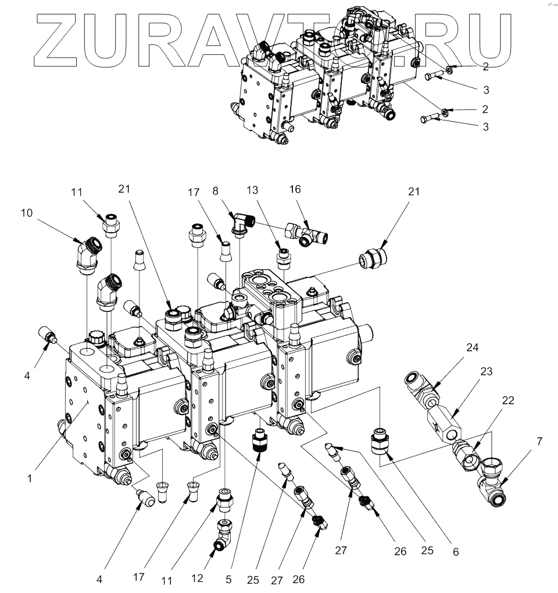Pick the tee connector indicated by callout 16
[305, 234]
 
